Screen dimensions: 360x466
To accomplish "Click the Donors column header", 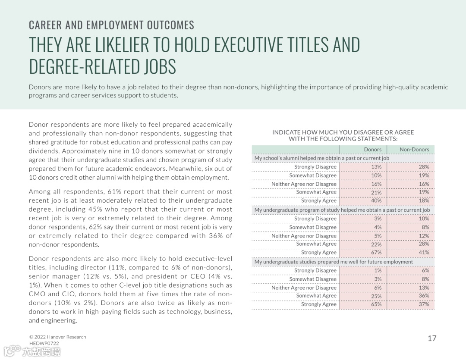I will [373, 150].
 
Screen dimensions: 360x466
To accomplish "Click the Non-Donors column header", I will [414, 150].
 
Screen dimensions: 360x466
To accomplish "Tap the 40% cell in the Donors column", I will [376, 201].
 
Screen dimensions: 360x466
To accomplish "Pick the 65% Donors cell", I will [376, 304].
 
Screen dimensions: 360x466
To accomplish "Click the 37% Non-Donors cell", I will [424, 304].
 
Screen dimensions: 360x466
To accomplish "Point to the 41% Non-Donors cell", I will [424, 253].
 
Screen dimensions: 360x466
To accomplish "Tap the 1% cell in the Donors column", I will [378, 271].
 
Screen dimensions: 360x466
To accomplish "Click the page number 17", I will [432, 338].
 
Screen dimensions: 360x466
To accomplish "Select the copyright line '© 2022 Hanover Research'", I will [57, 337].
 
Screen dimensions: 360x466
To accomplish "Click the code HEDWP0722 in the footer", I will [44, 343].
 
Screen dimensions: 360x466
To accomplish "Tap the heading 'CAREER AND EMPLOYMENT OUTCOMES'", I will [111, 25].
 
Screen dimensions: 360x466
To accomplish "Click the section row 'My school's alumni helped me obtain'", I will [321, 158].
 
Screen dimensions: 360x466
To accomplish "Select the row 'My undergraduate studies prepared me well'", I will [334, 262].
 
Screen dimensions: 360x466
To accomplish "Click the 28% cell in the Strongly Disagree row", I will [424, 167].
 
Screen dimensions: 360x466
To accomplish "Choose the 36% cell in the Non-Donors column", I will [424, 296].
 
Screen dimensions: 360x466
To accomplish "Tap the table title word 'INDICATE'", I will [286, 132].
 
